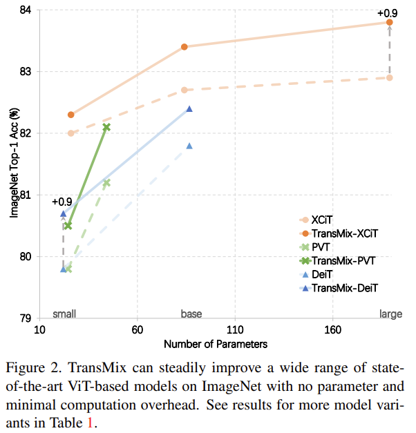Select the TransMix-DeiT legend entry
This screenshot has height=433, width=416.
(x=346, y=287)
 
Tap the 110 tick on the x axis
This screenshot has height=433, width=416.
(x=235, y=329)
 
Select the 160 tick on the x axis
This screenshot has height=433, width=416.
(x=333, y=329)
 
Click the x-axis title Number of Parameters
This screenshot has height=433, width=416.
(x=216, y=343)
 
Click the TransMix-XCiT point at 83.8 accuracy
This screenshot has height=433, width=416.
(x=390, y=22)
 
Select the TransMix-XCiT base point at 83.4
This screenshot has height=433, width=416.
(x=185, y=47)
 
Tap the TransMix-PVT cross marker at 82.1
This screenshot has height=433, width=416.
(x=106, y=127)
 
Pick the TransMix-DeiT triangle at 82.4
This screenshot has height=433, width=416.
(x=189, y=108)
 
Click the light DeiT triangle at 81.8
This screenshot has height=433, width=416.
(x=189, y=146)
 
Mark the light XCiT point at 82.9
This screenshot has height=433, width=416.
(x=390, y=77)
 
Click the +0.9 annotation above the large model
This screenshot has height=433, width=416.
(x=388, y=12)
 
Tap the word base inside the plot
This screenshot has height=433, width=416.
(x=191, y=314)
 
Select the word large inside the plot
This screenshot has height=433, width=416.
(x=390, y=314)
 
